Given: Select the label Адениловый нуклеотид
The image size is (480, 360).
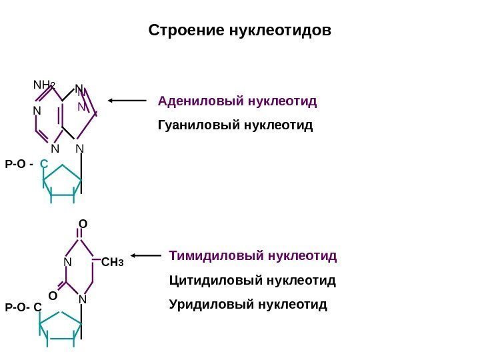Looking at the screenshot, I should point(237,102).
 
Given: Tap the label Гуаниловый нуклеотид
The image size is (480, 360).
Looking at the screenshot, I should point(235,125).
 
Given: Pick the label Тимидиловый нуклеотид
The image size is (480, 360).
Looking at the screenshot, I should point(253,255).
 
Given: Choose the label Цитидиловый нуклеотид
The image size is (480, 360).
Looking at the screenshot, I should point(253,281).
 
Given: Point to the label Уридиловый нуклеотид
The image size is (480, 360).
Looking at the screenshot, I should point(249,305).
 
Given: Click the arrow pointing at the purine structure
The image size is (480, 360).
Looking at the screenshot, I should point(127,101).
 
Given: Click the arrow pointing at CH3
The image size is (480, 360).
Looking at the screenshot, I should point(147,255).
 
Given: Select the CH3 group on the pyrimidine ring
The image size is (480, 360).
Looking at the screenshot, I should point(113,263).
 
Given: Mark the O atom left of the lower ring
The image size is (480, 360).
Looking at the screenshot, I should point(52,294).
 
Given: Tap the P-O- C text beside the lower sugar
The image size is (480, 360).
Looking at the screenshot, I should point(23,307).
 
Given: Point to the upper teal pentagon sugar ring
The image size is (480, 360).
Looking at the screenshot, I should point(61,182).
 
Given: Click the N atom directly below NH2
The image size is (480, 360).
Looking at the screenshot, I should point(37,111).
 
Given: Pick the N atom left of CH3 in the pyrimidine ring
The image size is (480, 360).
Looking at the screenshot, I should point(67,263).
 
